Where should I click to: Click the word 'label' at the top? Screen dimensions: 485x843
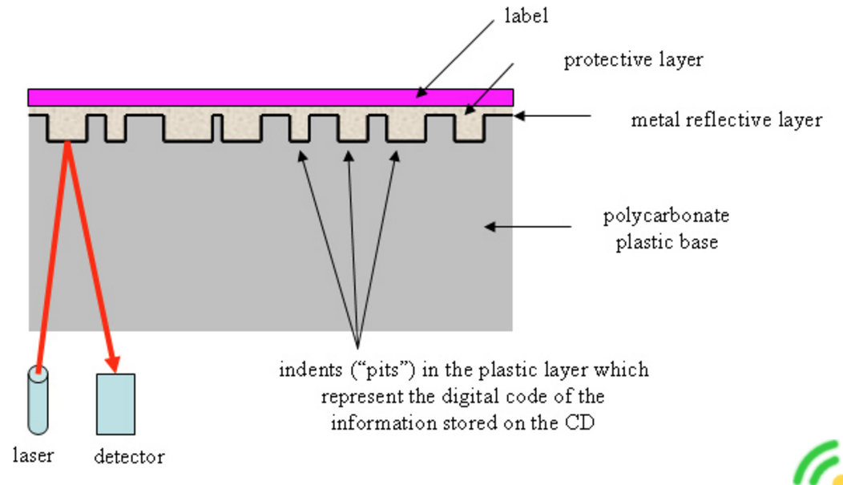click(527, 16)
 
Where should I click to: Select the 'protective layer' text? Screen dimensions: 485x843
click(633, 60)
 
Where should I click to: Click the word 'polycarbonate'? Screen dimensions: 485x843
click(666, 216)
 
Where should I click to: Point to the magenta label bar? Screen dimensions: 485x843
click(270, 97)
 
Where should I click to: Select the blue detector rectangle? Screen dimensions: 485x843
click(115, 403)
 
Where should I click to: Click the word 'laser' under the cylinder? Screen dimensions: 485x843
click(34, 455)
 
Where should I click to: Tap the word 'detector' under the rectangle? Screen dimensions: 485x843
click(129, 457)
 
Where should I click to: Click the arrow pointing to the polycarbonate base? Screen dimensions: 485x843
click(529, 227)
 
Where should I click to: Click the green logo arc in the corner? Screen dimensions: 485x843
click(817, 465)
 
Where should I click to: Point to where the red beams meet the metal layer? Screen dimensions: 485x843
click(68, 143)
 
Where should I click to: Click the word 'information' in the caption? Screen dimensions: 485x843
click(380, 422)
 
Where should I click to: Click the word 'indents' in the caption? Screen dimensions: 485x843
click(308, 370)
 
